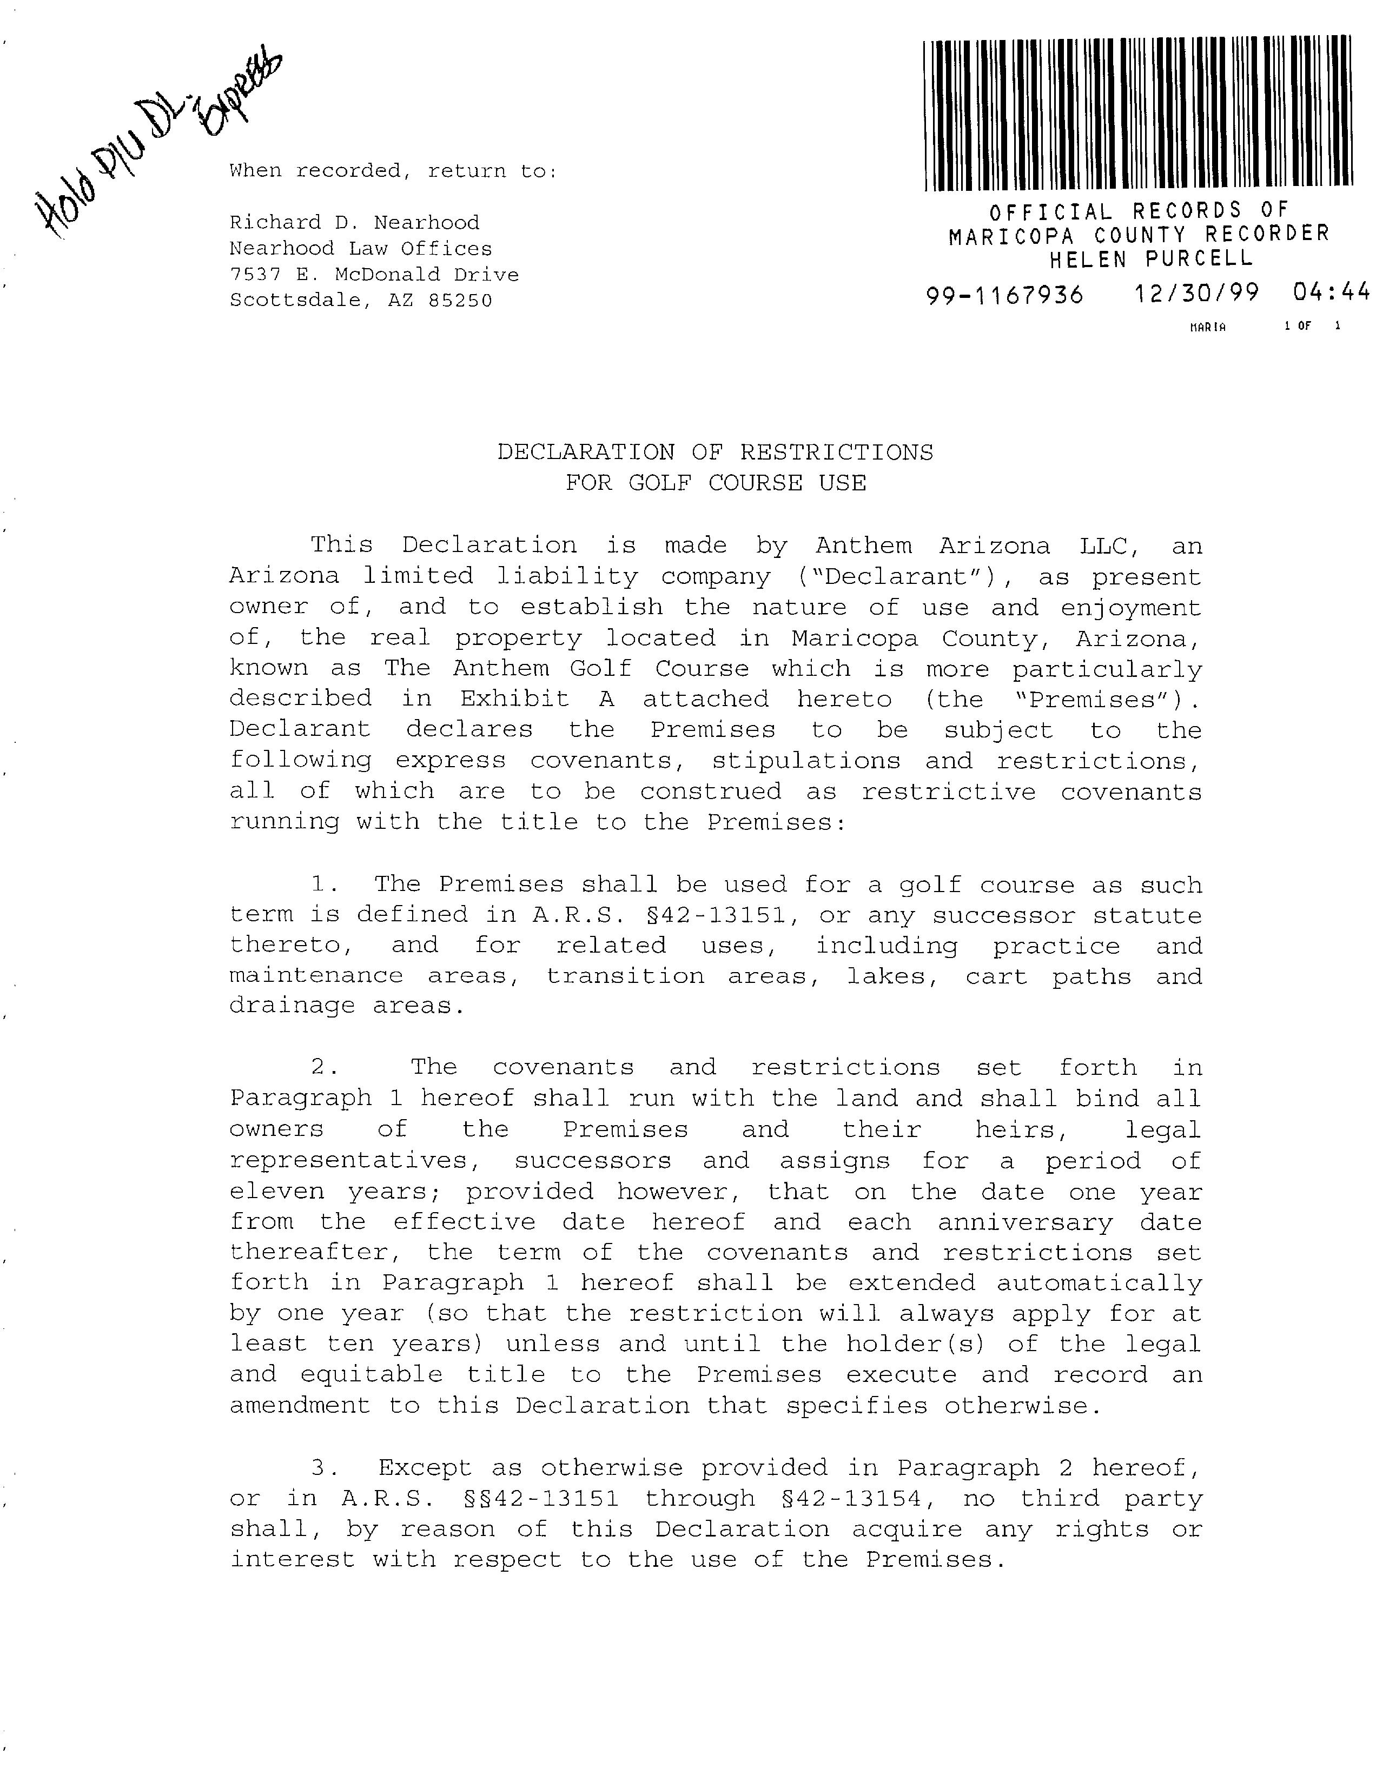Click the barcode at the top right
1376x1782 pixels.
1137,112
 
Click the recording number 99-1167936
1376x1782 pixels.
1004,295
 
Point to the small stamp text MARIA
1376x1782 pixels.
1208,327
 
